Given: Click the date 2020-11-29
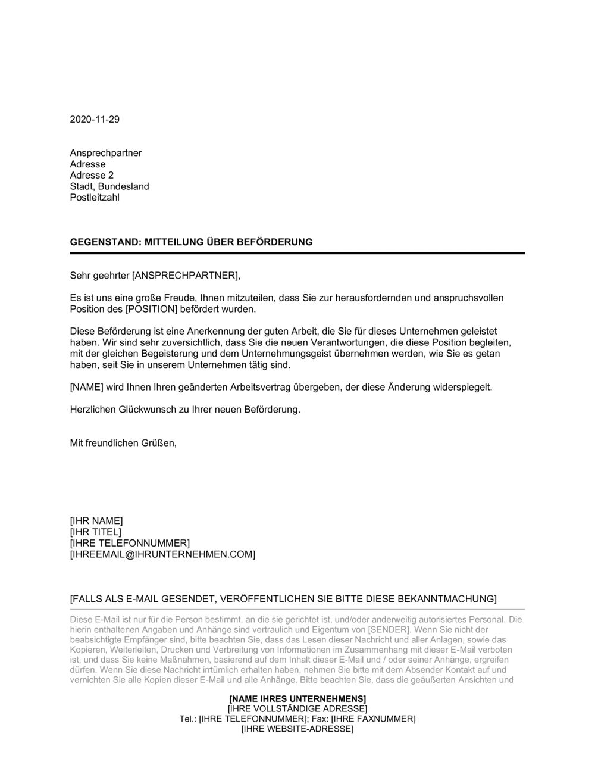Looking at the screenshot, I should (x=95, y=120).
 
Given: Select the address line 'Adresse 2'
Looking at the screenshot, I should (x=92, y=176).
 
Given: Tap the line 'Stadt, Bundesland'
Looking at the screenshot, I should (x=109, y=186).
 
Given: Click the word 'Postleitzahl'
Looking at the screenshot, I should (x=95, y=198).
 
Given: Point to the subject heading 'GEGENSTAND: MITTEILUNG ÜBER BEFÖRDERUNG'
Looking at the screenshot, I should (x=191, y=242).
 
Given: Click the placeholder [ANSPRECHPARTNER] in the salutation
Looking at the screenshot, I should (x=184, y=276).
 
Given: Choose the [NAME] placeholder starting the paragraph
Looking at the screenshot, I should (x=86, y=388).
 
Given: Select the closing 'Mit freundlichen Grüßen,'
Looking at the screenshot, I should (x=124, y=444).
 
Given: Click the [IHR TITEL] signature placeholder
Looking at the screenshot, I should (x=95, y=532).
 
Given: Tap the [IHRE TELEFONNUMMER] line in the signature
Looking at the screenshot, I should (x=130, y=544).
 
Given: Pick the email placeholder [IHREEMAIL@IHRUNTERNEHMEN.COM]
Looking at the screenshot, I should (x=162, y=555).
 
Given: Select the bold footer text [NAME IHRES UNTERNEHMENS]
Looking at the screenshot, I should (x=297, y=698).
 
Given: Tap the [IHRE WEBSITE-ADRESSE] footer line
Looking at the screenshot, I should (x=297, y=729).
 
